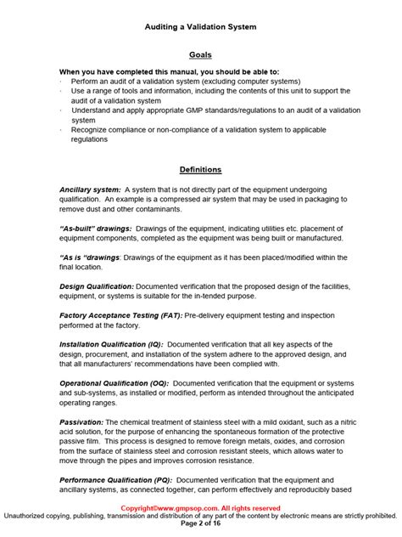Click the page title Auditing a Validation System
click(x=200, y=27)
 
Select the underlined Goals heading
click(x=200, y=55)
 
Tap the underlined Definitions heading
click(x=200, y=169)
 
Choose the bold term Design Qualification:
click(x=97, y=286)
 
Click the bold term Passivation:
click(x=83, y=422)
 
